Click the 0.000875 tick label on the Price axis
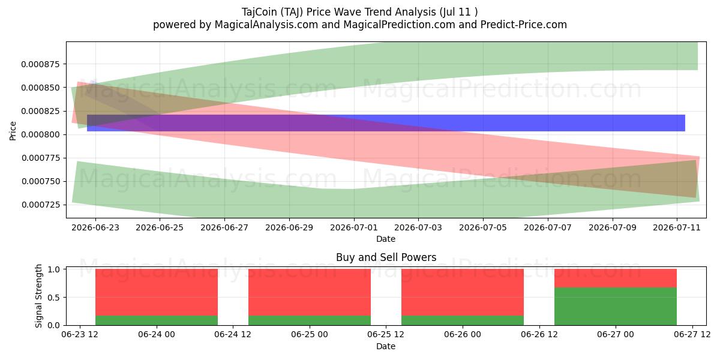41,64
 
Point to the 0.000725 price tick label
41,205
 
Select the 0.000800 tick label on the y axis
41,134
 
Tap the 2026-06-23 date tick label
95,227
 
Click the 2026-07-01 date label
354,227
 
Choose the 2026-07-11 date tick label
677,227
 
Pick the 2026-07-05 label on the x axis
483,227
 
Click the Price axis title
13,131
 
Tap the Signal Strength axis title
38,296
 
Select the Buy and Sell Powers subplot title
386,257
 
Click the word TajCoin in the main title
259,12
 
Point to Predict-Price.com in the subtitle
524,25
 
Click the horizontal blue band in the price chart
386,123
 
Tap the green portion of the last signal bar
616,307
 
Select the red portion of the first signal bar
157,292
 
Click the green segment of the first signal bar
157,320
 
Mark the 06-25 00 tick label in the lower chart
310,335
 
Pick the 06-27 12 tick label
692,335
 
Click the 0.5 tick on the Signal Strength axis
55,298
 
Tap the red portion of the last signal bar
616,278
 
